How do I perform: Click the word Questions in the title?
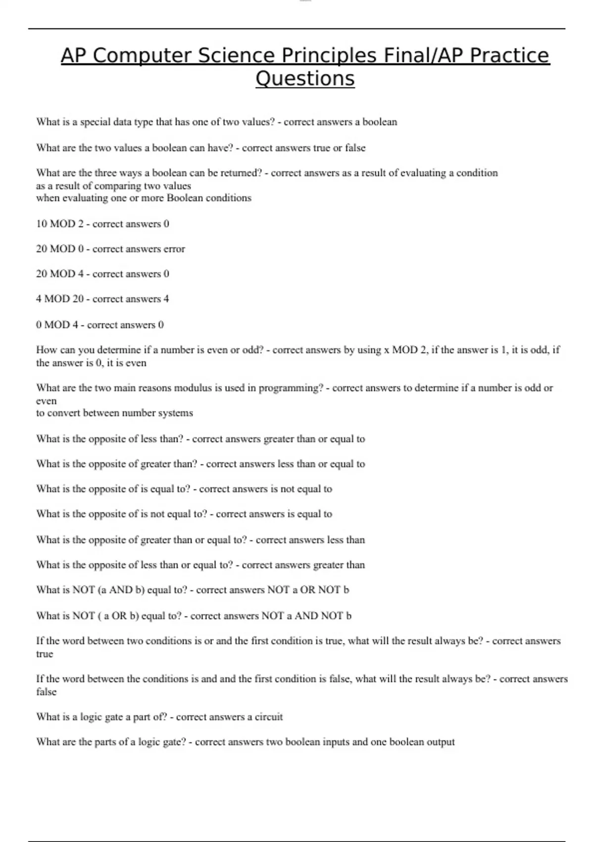click(305, 78)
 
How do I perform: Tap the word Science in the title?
click(237, 55)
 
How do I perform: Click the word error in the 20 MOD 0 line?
click(174, 249)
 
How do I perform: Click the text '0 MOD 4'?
click(57, 324)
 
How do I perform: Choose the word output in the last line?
click(438, 742)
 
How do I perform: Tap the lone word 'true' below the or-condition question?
click(45, 654)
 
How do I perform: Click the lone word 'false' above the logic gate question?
click(46, 691)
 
